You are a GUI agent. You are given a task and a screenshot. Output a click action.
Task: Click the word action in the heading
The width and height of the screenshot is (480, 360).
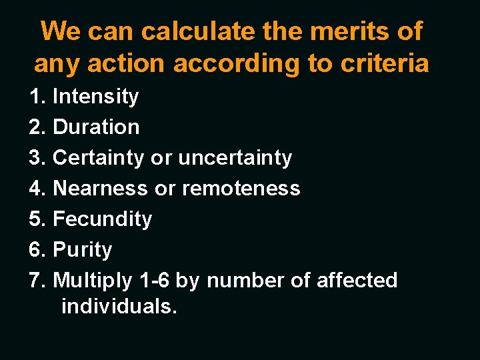[x=127, y=63]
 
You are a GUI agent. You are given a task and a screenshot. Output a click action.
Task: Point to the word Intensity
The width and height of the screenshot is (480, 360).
[x=95, y=97]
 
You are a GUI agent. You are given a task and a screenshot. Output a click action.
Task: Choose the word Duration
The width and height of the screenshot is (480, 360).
[x=96, y=127]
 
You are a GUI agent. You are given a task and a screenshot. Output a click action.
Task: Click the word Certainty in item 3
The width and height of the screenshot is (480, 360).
[x=98, y=158]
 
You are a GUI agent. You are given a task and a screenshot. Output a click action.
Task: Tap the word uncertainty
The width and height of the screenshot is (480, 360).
[x=235, y=158]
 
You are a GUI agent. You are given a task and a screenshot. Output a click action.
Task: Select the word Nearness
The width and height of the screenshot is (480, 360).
[x=101, y=189]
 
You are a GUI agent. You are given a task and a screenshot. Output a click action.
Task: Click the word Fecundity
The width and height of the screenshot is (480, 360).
[x=102, y=219]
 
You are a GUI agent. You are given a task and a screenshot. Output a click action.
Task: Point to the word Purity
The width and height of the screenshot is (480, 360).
[x=82, y=250]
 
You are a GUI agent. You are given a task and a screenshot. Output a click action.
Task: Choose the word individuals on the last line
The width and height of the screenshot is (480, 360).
[x=119, y=307]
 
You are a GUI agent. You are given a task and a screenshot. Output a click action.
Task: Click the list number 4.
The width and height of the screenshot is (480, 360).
[x=37, y=189]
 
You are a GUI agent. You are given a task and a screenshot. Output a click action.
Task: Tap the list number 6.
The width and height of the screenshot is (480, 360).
[x=37, y=250]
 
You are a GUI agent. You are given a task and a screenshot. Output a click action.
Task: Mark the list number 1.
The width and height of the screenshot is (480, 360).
[x=37, y=97]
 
